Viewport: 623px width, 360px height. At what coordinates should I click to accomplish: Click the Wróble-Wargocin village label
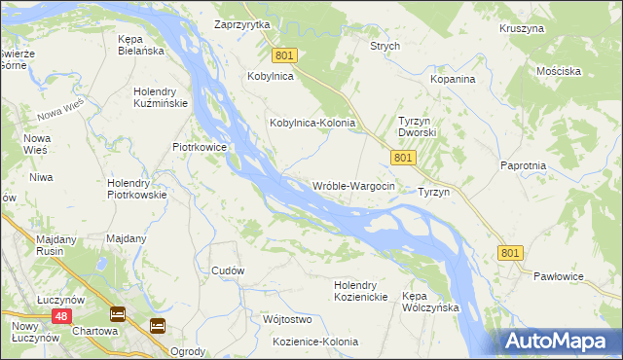352,186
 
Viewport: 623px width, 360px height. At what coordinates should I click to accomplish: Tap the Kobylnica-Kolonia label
311,125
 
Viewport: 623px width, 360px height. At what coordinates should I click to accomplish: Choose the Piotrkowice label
200,147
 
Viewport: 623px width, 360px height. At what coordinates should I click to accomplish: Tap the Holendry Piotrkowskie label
137,188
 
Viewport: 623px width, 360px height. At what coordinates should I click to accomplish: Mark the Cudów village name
227,270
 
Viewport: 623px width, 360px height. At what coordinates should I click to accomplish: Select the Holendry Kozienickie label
361,291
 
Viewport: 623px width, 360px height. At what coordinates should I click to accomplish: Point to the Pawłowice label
559,277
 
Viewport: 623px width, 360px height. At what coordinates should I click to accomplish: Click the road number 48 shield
61,316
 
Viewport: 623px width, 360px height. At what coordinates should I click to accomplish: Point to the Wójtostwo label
286,319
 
